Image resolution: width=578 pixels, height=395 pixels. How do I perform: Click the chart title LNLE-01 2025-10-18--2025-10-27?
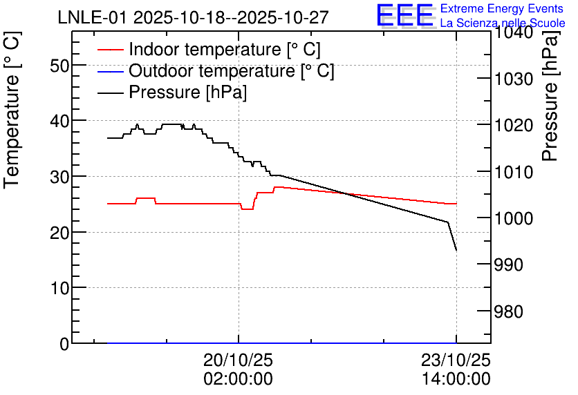click(193, 17)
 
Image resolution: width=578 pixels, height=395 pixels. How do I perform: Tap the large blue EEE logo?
click(405, 15)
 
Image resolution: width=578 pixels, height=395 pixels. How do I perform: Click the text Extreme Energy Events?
click(502, 8)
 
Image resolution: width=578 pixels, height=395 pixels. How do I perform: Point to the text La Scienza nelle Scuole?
click(503, 23)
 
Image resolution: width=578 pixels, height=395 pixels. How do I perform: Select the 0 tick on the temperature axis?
click(64, 344)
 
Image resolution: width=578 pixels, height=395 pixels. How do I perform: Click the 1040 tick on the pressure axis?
click(514, 32)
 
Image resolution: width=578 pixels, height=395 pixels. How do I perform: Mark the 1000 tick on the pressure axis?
click(514, 218)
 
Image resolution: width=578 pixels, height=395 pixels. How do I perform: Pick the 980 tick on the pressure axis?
click(508, 311)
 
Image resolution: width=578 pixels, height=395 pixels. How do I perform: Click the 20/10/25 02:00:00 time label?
click(238, 369)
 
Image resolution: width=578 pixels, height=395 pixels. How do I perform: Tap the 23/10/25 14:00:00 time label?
click(456, 369)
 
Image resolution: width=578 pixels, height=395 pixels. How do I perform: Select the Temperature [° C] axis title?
click(12, 110)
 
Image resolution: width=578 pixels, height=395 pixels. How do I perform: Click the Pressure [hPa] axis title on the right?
click(550, 95)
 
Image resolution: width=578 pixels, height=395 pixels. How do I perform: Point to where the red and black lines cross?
click(346, 193)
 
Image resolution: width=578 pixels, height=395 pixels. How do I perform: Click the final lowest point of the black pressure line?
click(456, 250)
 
